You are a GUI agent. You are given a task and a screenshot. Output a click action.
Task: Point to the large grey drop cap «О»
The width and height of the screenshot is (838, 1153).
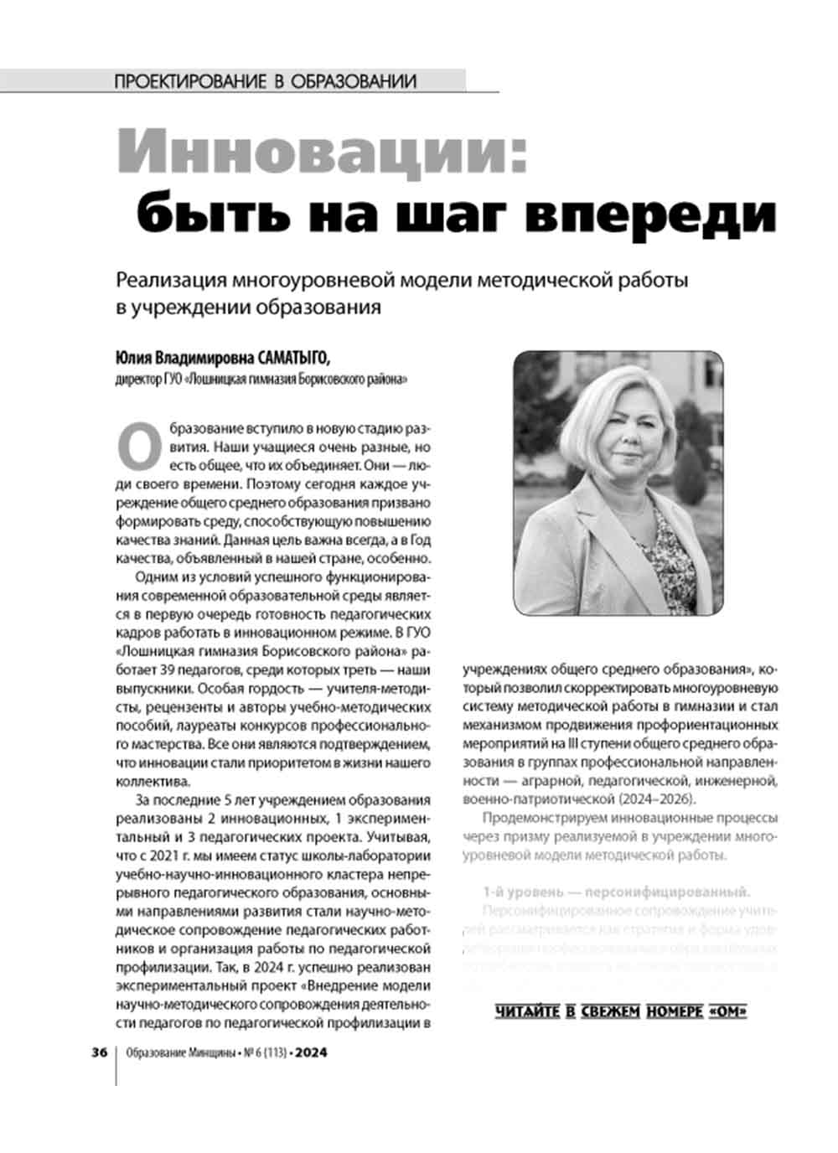(137, 445)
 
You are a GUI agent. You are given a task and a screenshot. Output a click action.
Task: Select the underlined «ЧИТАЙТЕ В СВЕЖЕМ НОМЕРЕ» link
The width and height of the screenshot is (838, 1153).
(621, 1011)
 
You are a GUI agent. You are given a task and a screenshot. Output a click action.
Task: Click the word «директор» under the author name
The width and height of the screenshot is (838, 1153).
(134, 380)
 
